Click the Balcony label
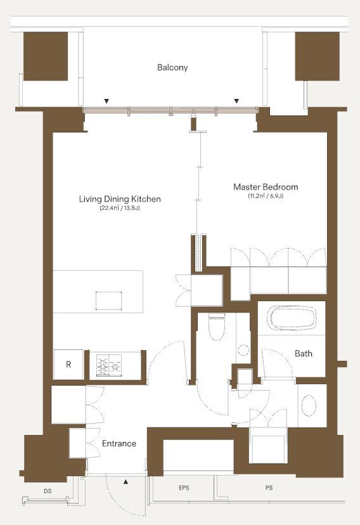coord(172,67)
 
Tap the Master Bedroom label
coord(266,186)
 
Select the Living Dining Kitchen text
coord(120,199)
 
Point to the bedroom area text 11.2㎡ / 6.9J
coord(266,196)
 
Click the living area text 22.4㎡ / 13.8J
coord(120,208)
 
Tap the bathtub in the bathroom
coord(292,318)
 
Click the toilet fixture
coord(217,327)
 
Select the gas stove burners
coord(109,365)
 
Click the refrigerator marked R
coord(68,365)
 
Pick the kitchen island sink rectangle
coord(109,301)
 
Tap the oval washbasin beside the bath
coord(309,406)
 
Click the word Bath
coord(304,353)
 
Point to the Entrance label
coord(119,443)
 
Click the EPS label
coord(184,488)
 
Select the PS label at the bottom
coord(269,488)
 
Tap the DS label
coord(48,491)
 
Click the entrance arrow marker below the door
coord(125,482)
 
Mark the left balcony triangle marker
coord(106,101)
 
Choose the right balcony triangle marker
coord(236,101)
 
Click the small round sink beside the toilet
coord(243,351)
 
